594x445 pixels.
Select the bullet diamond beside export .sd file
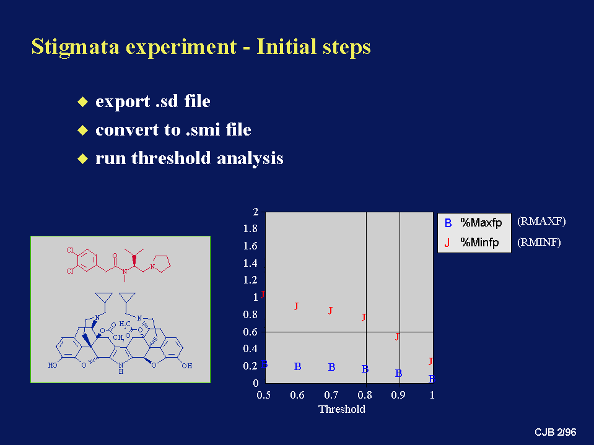82,102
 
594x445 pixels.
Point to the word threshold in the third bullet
171,158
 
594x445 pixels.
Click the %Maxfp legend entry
474,223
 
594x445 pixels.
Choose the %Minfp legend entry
472,242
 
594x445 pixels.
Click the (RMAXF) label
541,222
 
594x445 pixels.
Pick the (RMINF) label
539,242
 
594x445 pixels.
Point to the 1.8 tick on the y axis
250,228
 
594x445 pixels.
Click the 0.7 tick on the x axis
331,395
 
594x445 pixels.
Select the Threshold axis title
342,409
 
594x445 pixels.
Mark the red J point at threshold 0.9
397,337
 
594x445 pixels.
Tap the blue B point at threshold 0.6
298,366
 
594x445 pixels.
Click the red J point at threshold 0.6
296,306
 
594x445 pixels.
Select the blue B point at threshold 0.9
398,373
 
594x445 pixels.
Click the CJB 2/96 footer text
556,432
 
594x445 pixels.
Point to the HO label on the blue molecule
53,365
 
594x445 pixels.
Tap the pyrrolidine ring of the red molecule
162,264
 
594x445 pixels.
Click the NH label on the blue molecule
121,368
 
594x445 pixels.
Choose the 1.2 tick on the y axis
250,280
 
